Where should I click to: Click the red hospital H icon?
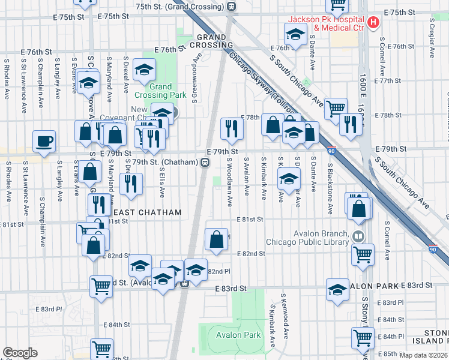(373, 23)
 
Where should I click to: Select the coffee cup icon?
(44, 142)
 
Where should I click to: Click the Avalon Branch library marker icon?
(358, 236)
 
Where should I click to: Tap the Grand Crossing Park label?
(152, 91)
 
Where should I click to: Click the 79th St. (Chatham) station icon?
(205, 163)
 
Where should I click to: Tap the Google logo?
(20, 353)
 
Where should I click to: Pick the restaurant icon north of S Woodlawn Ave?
(230, 128)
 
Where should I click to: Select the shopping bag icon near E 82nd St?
(216, 239)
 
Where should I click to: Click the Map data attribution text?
(423, 355)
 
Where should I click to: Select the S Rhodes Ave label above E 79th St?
(7, 78)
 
